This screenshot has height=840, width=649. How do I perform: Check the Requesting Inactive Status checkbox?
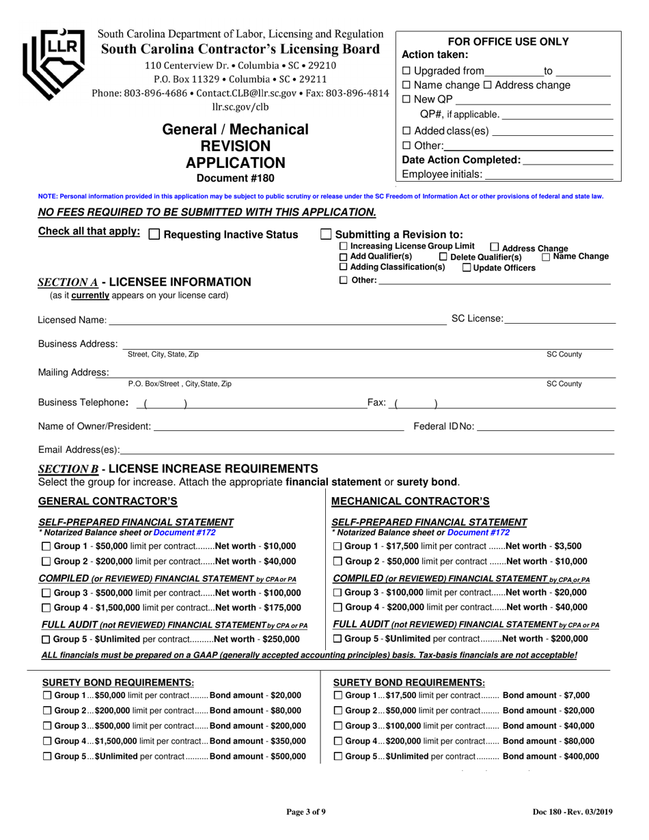[154, 234]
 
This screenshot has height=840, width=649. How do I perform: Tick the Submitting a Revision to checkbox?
[327, 234]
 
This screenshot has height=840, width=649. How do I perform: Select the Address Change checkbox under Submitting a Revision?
[495, 248]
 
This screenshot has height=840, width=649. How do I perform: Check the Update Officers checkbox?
[467, 268]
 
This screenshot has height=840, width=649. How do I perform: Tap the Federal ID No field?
[544, 427]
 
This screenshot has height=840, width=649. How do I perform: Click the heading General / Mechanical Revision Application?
[235, 146]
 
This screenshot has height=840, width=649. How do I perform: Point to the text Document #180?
[235, 179]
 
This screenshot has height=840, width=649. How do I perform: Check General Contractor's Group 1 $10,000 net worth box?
[46, 546]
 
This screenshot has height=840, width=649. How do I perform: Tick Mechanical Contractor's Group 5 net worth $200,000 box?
[338, 639]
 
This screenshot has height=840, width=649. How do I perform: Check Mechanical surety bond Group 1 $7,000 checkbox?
[338, 695]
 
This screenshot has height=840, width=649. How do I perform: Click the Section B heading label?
[178, 468]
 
